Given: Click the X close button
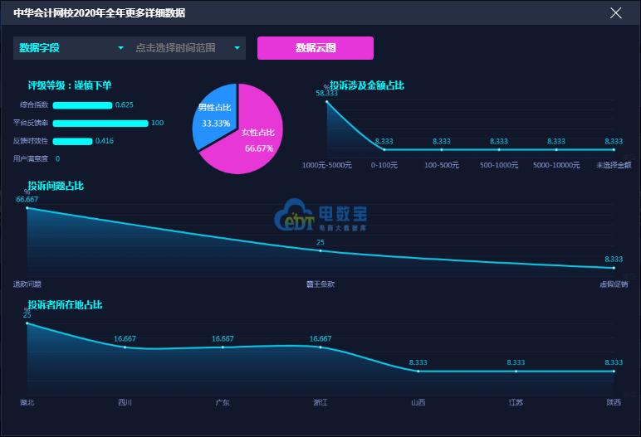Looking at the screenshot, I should pyautogui.click(x=615, y=12).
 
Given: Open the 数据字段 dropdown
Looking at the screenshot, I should pyautogui.click(x=71, y=48).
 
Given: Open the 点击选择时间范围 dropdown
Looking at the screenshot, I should pyautogui.click(x=188, y=48).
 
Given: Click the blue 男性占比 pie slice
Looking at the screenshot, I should pyautogui.click(x=215, y=116).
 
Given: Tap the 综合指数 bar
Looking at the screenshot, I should pyautogui.click(x=82, y=105).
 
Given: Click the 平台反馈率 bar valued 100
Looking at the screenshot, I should pyautogui.click(x=100, y=123).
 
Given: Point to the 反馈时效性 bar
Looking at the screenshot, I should pyautogui.click(x=72, y=141).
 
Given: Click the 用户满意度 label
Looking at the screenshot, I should pyautogui.click(x=31, y=158).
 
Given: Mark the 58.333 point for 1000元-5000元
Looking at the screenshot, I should pyautogui.click(x=326, y=101).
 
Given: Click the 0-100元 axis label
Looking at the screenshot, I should pyautogui.click(x=384, y=165).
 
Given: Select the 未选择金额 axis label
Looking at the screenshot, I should pyautogui.click(x=614, y=165).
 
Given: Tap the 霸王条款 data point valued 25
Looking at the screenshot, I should pyautogui.click(x=320, y=250).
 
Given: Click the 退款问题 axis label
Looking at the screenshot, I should pyautogui.click(x=27, y=284).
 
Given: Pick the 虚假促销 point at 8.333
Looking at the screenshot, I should pyautogui.click(x=614, y=268).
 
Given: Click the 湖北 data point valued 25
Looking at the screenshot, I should pyautogui.click(x=27, y=323).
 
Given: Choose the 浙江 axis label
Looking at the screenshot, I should pyautogui.click(x=320, y=403).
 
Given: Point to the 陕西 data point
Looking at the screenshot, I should pyautogui.click(x=614, y=371).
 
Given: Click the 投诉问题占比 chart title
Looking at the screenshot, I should pyautogui.click(x=56, y=186).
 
